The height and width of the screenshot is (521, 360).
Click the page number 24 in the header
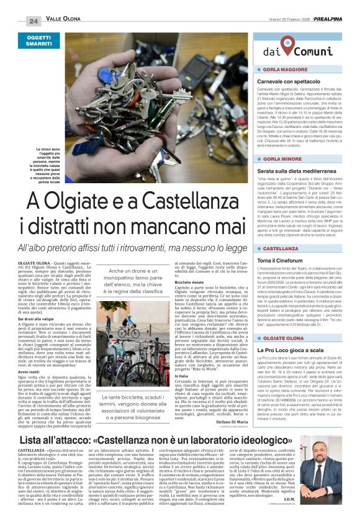click(x=34, y=20)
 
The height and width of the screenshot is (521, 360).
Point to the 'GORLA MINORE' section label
click(x=283, y=159)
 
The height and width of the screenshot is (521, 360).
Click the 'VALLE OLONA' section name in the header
click(x=63, y=20)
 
